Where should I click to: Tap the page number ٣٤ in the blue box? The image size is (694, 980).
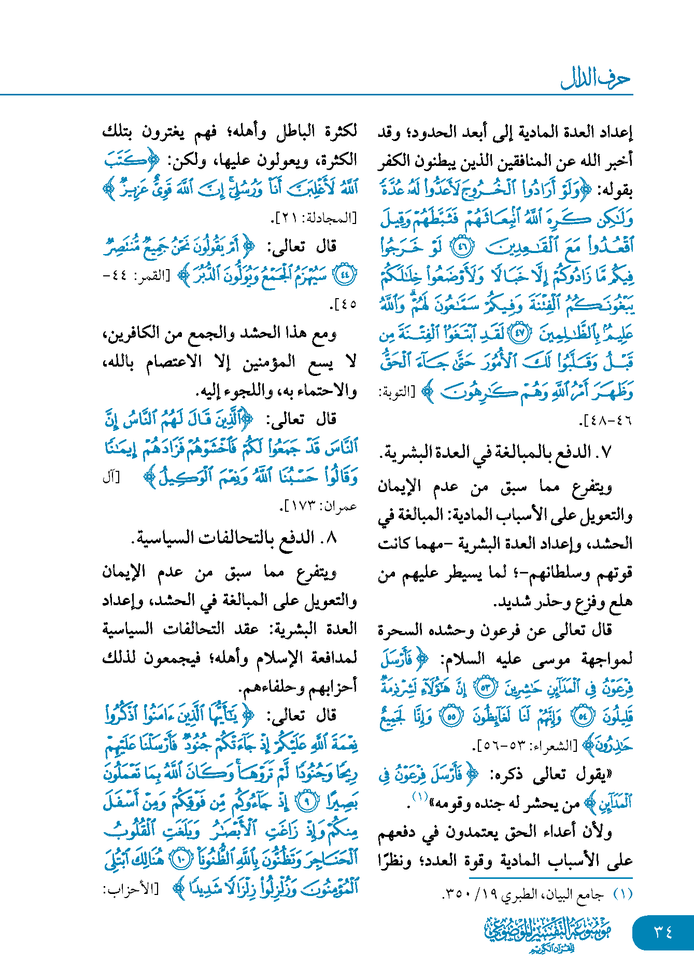pos(663,932)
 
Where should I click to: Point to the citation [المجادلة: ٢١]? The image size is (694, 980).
pos(314,218)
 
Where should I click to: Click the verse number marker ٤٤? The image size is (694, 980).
pos(344,275)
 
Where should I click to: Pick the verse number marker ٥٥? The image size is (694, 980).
pos(451,717)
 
